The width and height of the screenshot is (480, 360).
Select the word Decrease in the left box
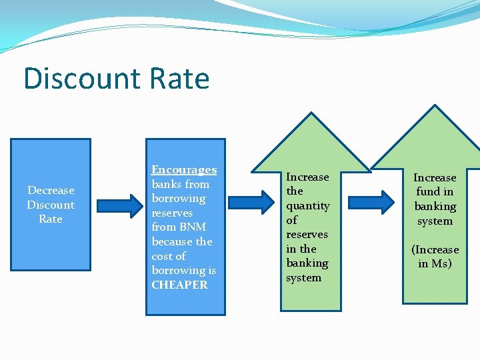[51, 191]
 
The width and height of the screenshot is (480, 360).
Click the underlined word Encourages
[184, 170]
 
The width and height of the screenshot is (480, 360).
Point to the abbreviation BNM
[193, 227]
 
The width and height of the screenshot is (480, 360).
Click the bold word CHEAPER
[179, 285]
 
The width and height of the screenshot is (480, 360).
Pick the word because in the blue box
[173, 241]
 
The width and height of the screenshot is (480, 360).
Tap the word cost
[169, 256]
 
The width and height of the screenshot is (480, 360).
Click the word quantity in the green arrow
[308, 206]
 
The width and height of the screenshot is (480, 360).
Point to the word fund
[427, 192]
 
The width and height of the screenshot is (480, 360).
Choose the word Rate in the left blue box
[51, 219]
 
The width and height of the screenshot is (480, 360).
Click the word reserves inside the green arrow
[307, 235]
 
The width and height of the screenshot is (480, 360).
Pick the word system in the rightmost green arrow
[435, 221]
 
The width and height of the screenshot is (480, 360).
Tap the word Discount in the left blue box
[51, 205]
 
